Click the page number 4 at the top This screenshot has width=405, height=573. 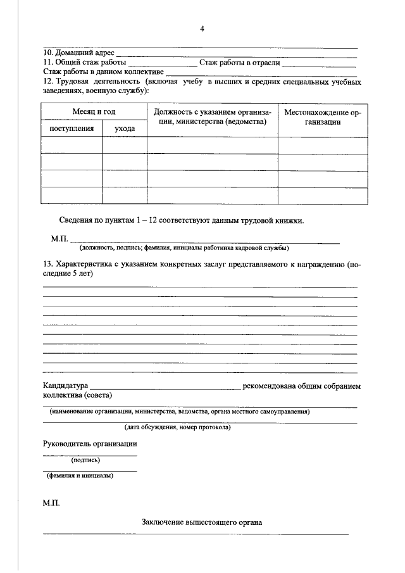coord(202,28)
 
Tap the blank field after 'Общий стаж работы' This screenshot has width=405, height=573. coord(162,63)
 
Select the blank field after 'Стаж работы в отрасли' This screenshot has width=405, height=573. coord(318,63)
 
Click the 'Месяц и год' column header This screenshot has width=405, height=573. coord(94,111)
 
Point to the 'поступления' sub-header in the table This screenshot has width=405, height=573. coord(72,129)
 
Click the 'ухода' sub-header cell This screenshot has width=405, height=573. coord(125,129)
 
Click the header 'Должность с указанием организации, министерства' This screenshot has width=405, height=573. coord(212,116)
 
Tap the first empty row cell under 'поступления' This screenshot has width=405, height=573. coord(72,146)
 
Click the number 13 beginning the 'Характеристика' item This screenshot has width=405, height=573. coord(47,263)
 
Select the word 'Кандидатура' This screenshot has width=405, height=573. coord(65,385)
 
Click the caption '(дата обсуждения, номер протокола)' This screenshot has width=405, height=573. coord(178,427)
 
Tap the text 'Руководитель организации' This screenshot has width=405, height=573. coord(90,444)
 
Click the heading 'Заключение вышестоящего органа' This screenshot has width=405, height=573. coord(202,523)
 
